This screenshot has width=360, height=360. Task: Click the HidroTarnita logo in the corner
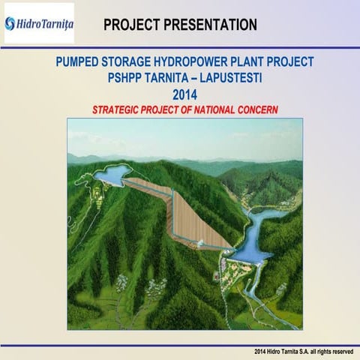(39, 23)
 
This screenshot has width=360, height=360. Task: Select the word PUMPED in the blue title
(79, 62)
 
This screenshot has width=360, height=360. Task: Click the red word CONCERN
(257, 109)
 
